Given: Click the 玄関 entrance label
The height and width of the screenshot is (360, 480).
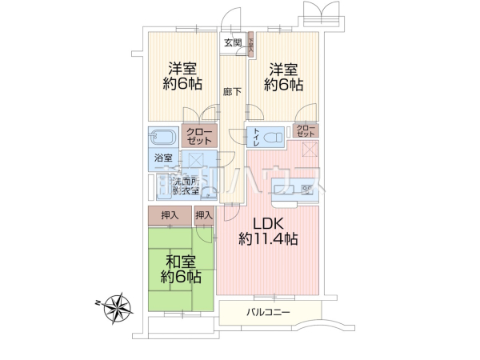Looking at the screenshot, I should (232, 43).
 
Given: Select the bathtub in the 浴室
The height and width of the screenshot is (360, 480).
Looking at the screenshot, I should (163, 135).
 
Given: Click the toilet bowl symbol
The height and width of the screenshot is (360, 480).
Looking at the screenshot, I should (271, 136).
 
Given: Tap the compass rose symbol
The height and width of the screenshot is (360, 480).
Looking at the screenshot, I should (118, 306).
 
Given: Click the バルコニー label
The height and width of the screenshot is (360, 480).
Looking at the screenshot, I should (268, 311).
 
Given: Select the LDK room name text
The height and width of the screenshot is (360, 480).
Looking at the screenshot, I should (268, 222).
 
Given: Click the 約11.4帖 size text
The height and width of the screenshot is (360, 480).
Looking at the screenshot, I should (269, 238).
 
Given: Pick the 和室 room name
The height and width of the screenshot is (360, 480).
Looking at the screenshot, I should (180, 262).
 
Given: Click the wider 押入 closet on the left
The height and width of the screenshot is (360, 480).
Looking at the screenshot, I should (169, 215).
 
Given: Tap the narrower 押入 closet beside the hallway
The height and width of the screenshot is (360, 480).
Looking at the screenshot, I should (204, 215).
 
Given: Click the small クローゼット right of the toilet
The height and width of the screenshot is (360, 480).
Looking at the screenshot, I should (306, 131).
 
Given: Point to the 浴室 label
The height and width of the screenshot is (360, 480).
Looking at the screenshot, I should (162, 158).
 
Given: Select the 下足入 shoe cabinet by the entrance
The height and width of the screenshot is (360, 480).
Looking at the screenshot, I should (250, 44).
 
